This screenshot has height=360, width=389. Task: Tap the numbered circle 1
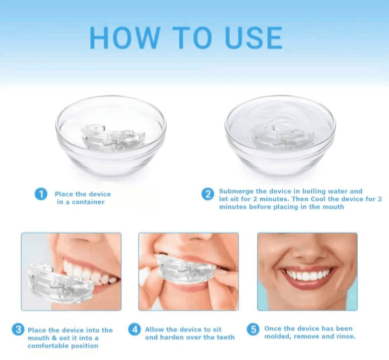[41, 194]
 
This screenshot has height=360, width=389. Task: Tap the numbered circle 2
[208, 194]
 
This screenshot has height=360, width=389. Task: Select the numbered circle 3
[18, 330]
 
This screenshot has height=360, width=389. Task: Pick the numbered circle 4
[134, 330]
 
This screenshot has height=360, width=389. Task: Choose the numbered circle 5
[253, 329]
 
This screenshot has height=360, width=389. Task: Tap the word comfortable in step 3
[48, 346]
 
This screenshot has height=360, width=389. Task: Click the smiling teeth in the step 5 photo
[307, 275]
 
